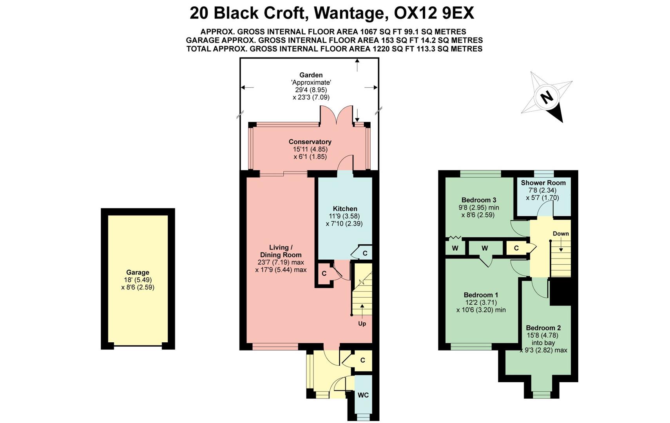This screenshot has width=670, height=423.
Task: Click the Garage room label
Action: (x=138, y=272)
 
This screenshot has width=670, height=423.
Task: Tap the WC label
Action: (x=363, y=395)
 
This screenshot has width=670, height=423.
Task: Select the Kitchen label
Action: (x=345, y=209)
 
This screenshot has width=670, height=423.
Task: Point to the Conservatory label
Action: (x=310, y=142)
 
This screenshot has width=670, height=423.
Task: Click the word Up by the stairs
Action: (x=362, y=324)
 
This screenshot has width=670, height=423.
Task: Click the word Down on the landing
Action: (x=561, y=234)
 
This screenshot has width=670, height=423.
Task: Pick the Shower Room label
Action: (x=543, y=183)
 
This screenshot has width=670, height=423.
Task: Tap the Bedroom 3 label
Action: (x=479, y=200)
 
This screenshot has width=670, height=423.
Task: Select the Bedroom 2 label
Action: (x=543, y=328)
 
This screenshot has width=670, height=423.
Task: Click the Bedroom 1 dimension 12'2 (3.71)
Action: (x=481, y=302)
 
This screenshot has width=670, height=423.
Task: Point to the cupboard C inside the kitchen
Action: (x=365, y=253)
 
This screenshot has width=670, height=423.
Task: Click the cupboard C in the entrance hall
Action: (x=362, y=360)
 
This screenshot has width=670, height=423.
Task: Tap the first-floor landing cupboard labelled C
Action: (x=516, y=248)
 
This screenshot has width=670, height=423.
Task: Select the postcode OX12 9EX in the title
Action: (x=434, y=13)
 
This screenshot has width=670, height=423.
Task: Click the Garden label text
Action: (x=311, y=75)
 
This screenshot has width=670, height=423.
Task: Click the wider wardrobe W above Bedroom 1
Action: (x=485, y=248)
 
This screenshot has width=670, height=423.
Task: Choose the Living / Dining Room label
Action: (x=281, y=251)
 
